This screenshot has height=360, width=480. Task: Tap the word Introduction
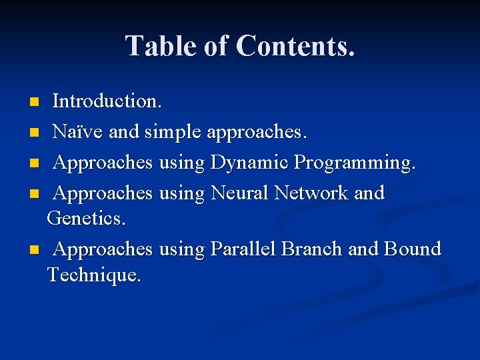coord(107,101)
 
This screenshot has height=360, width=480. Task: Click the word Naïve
coord(77,132)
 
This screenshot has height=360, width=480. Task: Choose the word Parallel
coord(243,249)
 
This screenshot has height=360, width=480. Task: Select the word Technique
coord(94,274)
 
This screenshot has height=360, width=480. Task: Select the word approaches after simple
coord(257,132)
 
